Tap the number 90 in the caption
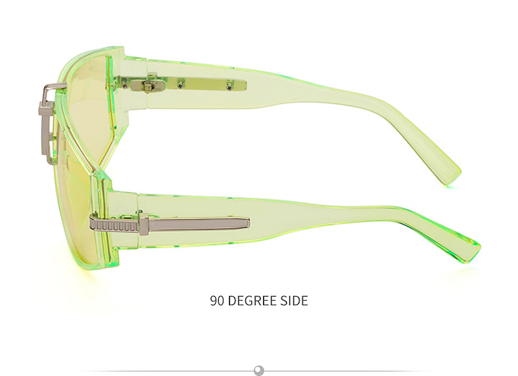[218, 301]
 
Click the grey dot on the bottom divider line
[259, 369]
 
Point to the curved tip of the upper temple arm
[448, 175]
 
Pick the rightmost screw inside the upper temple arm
[229, 86]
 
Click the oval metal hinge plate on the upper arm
[147, 86]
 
